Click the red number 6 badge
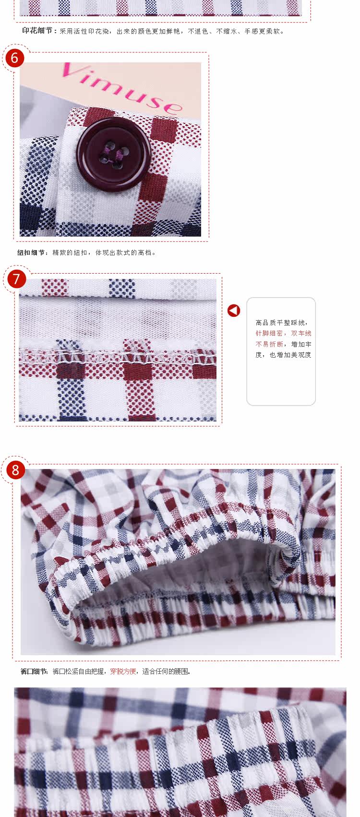14,58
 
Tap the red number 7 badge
16,279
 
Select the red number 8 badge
15,470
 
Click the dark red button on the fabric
113,154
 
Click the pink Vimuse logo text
122,87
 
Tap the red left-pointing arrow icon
234,311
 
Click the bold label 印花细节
37,31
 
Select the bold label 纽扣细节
31,252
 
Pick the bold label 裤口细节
34,672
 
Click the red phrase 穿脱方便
123,672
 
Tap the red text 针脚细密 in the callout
269,333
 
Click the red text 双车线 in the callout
301,333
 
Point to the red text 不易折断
269,344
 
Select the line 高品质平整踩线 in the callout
280,323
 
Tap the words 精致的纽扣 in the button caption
70,252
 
